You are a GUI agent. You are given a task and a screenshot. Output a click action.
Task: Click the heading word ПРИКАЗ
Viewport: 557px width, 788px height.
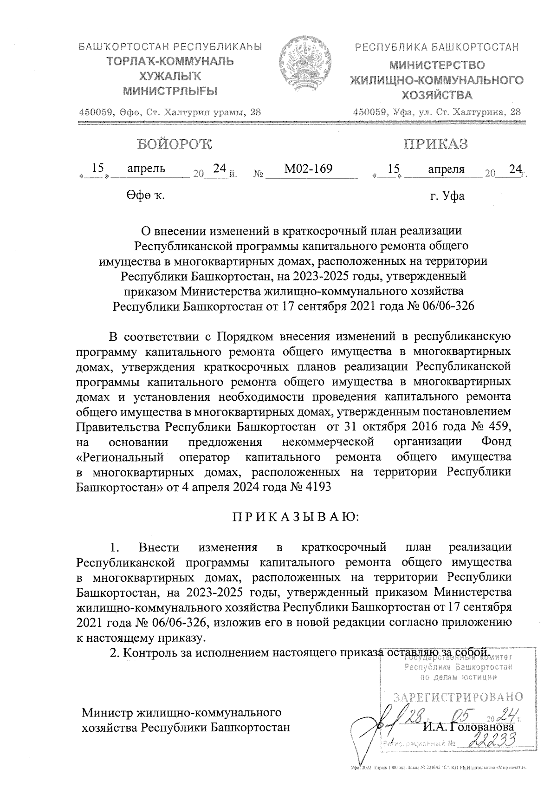tap(435, 144)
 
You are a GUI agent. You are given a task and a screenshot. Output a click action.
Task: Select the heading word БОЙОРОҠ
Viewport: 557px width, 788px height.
tap(174, 144)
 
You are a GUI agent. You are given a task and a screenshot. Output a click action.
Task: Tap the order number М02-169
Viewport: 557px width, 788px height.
tap(308, 169)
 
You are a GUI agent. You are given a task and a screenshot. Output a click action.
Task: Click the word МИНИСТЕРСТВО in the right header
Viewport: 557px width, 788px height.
tap(437, 65)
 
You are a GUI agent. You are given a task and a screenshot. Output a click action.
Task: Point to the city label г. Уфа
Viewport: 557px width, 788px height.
tap(447, 196)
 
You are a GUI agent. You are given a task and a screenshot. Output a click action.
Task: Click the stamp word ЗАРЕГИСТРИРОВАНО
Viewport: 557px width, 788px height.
tap(459, 697)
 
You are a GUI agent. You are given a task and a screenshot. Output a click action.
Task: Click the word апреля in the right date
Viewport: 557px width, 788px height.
tap(446, 169)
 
